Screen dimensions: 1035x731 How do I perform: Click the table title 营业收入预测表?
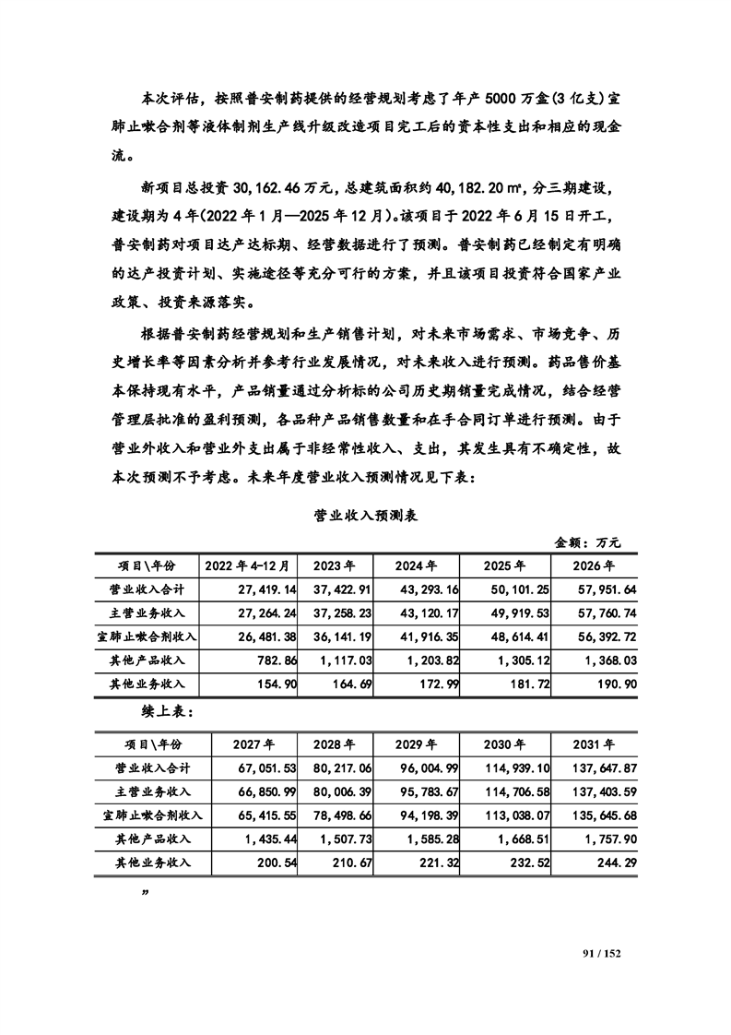tap(366, 516)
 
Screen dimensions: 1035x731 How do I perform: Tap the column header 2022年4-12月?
tap(246, 565)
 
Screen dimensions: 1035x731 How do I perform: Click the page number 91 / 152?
tap(604, 949)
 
